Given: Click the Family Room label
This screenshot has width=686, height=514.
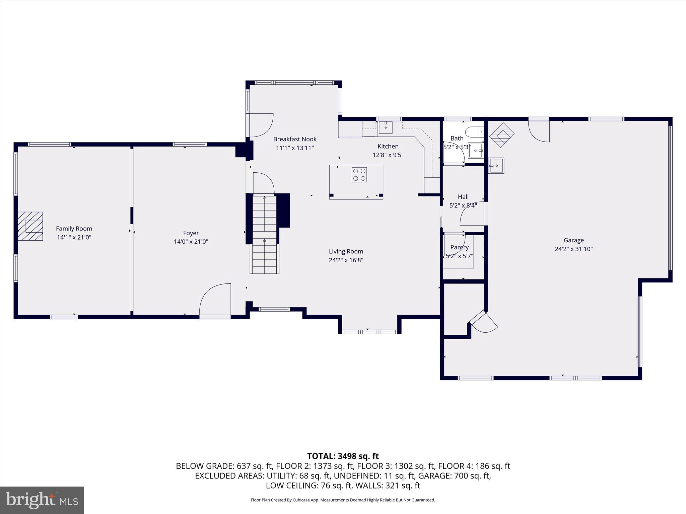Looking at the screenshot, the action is click(x=74, y=229).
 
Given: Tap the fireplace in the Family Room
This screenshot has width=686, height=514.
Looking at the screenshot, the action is click(x=30, y=226).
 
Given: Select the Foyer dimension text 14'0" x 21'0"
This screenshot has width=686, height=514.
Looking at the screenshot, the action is click(x=191, y=242).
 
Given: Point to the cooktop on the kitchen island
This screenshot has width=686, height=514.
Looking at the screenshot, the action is click(x=359, y=175).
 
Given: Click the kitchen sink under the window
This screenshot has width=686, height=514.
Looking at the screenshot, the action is click(x=386, y=127).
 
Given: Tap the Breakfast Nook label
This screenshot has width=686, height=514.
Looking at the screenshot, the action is click(x=295, y=139).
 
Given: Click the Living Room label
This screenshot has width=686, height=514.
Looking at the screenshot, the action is click(x=346, y=251).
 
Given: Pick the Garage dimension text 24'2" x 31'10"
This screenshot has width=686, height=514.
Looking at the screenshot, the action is click(x=574, y=249).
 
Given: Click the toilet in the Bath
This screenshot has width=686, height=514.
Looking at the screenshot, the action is click(x=475, y=132).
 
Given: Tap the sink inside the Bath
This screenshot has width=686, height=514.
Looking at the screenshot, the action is click(x=476, y=151).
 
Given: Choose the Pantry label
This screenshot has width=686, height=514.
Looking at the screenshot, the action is click(x=460, y=247).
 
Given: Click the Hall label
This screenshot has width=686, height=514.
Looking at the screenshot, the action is click(x=463, y=197).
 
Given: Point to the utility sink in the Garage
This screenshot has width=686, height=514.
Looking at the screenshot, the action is click(x=496, y=166).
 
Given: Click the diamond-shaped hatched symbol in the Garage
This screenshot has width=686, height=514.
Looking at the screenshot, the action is click(x=502, y=135).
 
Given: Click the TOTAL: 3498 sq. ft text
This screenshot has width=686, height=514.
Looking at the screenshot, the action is click(x=343, y=456).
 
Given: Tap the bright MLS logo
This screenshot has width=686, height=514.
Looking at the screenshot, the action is click(x=42, y=500).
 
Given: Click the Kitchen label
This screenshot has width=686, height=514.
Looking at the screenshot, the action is click(x=388, y=146).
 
